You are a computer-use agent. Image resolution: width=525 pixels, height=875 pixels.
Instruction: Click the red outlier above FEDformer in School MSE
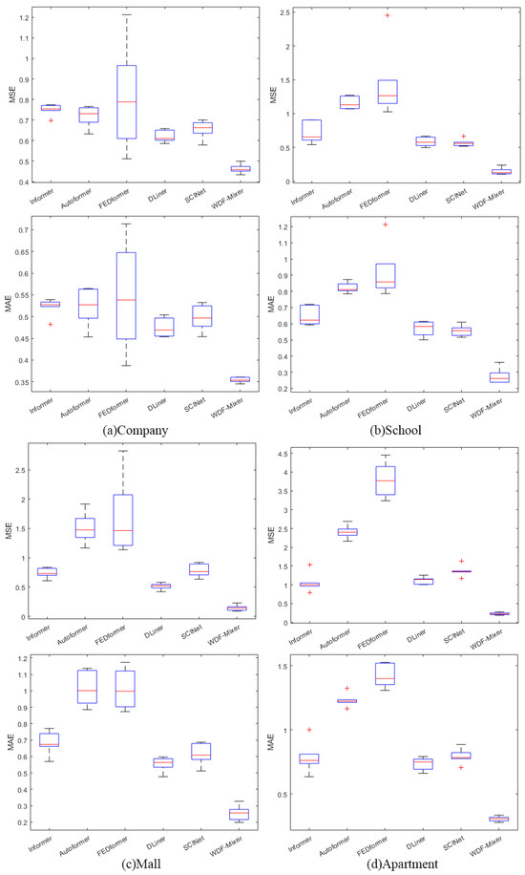click(x=387, y=16)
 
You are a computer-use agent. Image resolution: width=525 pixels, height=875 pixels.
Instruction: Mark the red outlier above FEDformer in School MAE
click(x=387, y=224)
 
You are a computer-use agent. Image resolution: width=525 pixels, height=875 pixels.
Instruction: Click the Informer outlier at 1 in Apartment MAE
click(x=307, y=730)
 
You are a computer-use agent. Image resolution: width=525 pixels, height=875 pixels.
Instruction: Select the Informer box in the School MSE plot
click(x=307, y=130)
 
